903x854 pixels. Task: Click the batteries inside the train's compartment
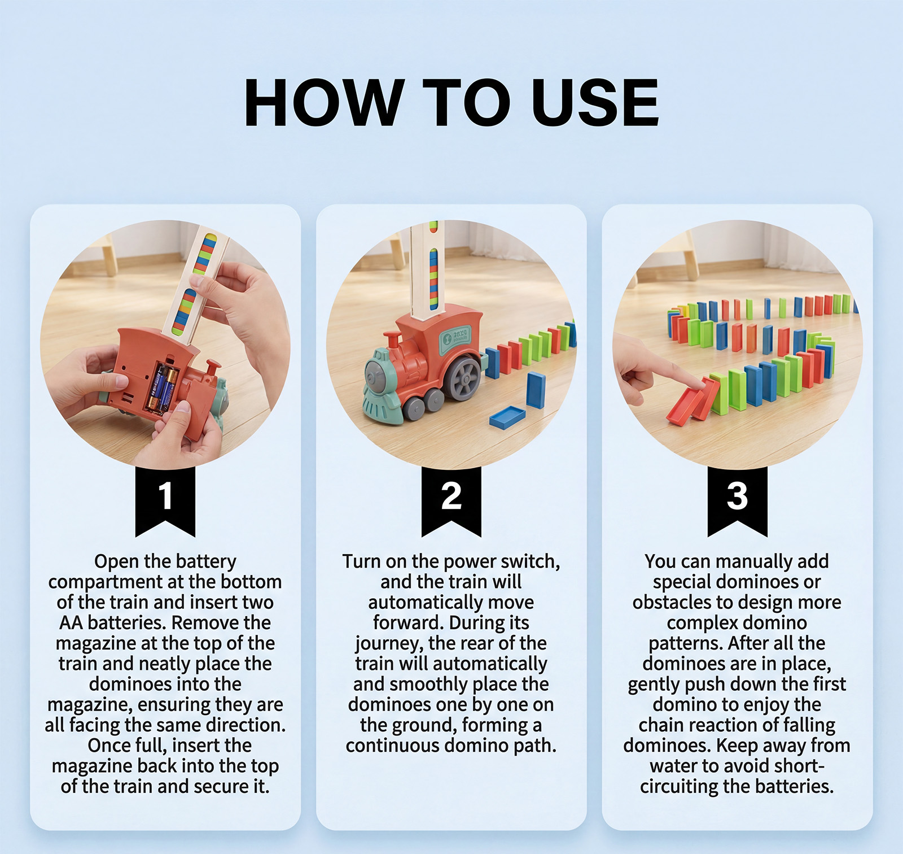(x=162, y=388)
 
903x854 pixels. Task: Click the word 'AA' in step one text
(x=71, y=622)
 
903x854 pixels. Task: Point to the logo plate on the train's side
(x=455, y=338)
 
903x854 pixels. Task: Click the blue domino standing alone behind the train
(x=536, y=390)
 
